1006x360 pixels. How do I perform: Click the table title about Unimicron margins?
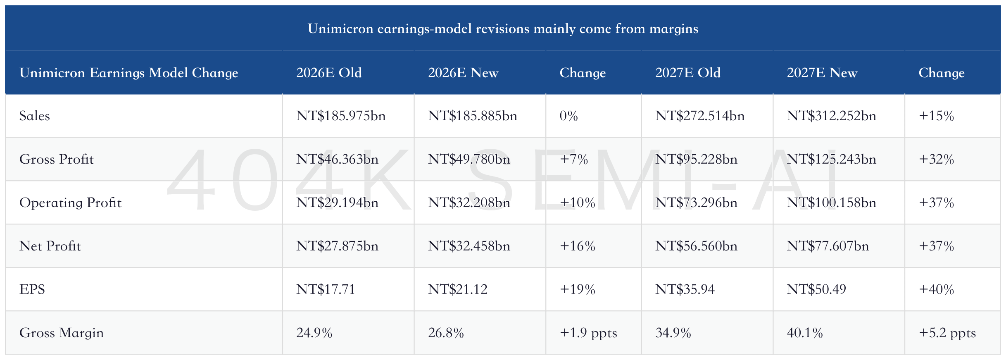click(503, 29)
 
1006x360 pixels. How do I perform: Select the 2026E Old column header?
click(329, 73)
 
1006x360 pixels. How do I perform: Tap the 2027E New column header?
click(822, 73)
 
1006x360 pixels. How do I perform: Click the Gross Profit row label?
click(57, 159)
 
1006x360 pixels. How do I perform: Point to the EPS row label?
click(32, 289)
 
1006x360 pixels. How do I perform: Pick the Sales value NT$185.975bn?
click(341, 116)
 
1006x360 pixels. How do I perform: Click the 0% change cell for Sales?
click(568, 116)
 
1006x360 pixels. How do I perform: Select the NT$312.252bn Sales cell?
click(831, 116)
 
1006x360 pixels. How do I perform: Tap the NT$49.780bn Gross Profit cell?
click(469, 159)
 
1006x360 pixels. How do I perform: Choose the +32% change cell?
click(936, 159)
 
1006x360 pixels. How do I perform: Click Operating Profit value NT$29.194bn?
click(337, 203)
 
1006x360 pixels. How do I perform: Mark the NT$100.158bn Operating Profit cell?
click(831, 203)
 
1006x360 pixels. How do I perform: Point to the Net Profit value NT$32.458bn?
click(469, 246)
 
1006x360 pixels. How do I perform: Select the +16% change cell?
click(578, 246)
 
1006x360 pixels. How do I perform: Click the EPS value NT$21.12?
click(458, 289)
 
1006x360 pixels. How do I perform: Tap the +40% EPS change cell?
click(936, 289)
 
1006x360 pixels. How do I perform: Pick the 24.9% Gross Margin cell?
click(314, 333)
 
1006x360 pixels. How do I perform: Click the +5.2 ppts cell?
click(947, 333)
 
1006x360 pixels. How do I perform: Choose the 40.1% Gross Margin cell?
click(805, 333)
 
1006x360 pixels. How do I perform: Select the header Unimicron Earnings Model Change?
click(129, 73)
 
